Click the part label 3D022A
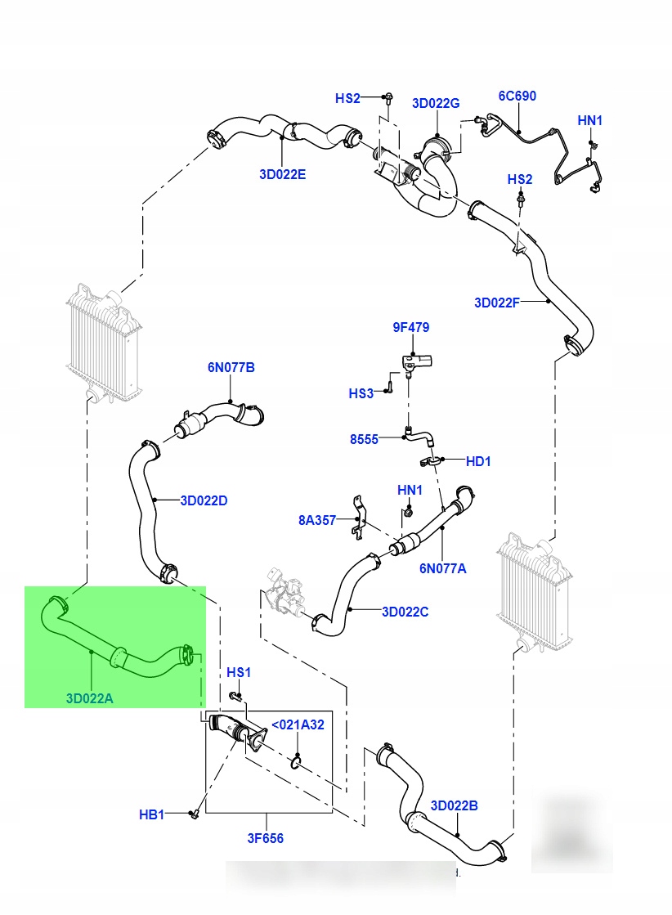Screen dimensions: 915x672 [91, 697]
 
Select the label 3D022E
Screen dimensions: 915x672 [283, 174]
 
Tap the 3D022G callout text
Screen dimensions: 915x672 [436, 103]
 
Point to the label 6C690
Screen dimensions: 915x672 [517, 96]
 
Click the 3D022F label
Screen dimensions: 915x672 [497, 303]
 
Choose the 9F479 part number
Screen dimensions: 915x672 [410, 327]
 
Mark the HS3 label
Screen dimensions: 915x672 [361, 393]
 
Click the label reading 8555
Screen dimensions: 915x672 [364, 439]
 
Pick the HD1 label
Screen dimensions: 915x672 [478, 461]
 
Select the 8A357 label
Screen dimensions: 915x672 [317, 519]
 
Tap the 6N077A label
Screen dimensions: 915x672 [443, 567]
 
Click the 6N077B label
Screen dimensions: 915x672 [231, 368]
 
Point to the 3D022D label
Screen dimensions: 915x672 [204, 500]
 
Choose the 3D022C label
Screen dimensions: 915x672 [405, 611]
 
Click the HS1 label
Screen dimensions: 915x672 [239, 672]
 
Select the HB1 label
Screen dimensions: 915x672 [152, 814]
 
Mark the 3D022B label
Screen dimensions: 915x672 [454, 805]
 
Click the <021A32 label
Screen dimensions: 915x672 [298, 724]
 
